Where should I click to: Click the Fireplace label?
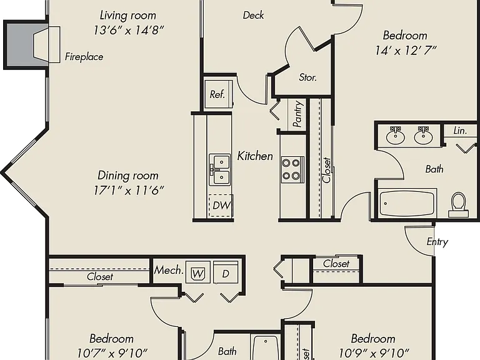coord(84,57)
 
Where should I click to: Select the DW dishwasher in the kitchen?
coord(221,206)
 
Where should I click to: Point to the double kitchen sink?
coord(220,169)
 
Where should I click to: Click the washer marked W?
coord(197,272)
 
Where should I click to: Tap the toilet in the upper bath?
coord(458,204)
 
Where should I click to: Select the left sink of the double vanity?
coord(396,135)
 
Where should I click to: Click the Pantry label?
coord(297,114)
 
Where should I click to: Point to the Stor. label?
coord(307,77)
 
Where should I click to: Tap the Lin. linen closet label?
coord(460,131)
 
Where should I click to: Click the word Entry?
coord(437,242)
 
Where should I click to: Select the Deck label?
coord(253,15)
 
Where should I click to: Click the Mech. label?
coord(169,270)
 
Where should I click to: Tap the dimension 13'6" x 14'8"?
coord(129,30)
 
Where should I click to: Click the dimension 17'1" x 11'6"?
coord(128,191)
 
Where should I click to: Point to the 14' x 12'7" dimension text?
coord(406,51)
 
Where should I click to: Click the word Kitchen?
coord(255,156)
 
